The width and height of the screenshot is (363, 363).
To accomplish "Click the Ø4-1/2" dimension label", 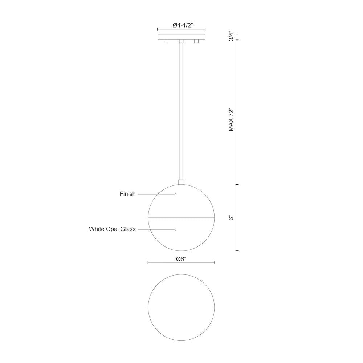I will [181, 25].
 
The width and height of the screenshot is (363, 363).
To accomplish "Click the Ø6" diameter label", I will [181, 259].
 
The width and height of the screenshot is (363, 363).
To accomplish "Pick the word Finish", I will [127, 194].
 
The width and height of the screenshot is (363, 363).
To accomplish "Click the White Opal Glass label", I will [112, 229].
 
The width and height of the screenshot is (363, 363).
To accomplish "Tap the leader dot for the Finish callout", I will [176, 194].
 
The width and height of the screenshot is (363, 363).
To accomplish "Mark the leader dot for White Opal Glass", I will [176, 229].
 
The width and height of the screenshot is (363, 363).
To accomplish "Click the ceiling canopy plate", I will [181, 37].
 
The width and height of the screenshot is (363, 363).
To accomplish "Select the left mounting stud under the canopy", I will [166, 42].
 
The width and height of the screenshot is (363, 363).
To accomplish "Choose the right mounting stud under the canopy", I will [196, 42].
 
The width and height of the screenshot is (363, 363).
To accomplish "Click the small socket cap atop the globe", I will [181, 181].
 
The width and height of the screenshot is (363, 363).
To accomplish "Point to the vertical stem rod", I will [181, 109].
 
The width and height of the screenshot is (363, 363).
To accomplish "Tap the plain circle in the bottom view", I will [181, 307].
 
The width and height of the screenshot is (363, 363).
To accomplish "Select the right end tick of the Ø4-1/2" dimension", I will [205, 29].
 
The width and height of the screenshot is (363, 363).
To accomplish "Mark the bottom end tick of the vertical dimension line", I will [237, 250].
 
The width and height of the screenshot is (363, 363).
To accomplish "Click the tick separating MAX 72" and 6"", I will [237, 185].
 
